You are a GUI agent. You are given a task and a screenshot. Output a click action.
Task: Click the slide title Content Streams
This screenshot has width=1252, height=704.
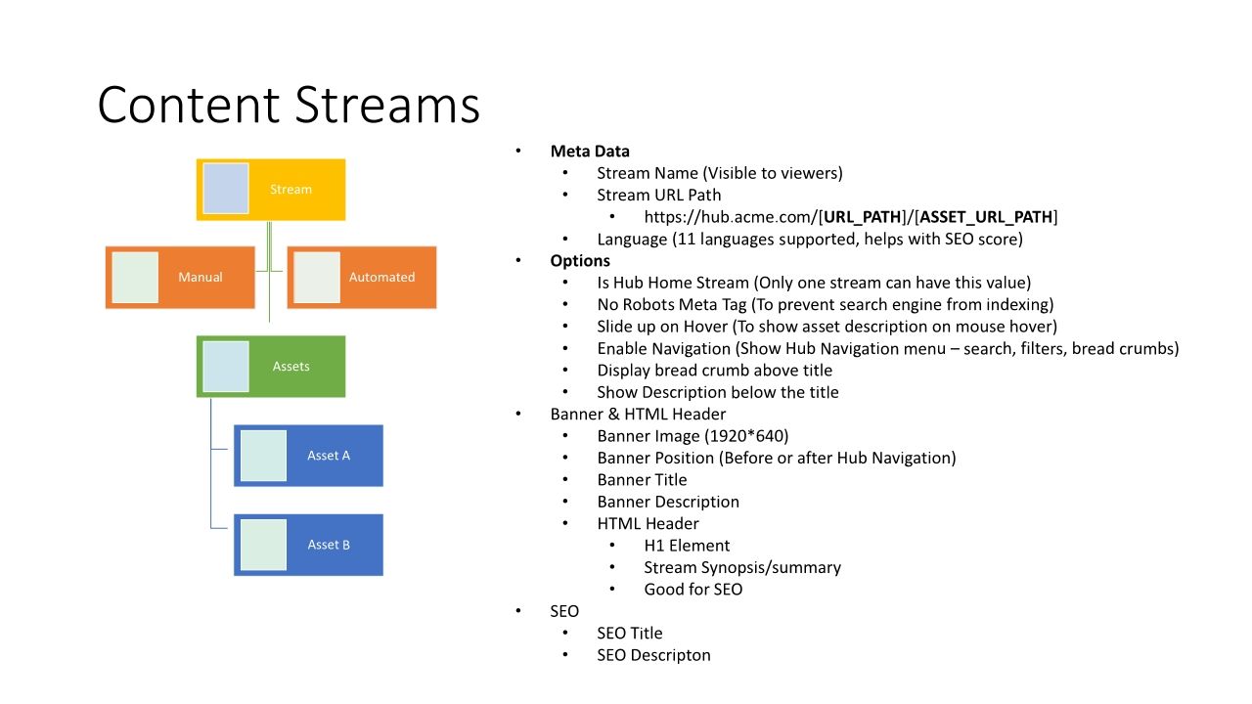coord(289,106)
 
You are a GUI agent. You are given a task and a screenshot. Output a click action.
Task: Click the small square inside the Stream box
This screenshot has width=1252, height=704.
coord(226,189)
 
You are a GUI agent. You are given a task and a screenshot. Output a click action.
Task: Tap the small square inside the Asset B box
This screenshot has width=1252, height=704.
coord(263,545)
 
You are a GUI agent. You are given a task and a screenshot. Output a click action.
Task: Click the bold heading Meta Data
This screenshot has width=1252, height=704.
coord(590,152)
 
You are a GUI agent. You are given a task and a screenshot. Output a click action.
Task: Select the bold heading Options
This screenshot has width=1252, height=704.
coord(580,261)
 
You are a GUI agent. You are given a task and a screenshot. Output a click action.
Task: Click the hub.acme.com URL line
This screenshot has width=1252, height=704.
coord(850,217)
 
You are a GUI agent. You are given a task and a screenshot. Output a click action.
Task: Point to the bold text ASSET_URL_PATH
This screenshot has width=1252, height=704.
coord(986,217)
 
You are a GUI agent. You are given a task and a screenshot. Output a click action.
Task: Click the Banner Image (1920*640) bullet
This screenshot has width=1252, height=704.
coord(693,436)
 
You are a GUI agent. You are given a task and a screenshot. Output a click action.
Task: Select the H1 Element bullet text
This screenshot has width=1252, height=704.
coord(687,546)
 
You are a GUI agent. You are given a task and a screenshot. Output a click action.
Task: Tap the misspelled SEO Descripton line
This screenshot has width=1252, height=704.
coord(653,655)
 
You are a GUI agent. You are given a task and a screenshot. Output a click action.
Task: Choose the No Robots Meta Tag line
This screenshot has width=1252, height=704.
coord(825,305)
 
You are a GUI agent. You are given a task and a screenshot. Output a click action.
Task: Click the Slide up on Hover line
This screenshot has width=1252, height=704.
coord(827,327)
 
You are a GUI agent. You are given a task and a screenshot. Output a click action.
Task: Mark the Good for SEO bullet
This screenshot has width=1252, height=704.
coord(693,590)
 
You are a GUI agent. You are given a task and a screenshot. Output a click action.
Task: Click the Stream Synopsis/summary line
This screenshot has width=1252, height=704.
coord(741,568)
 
